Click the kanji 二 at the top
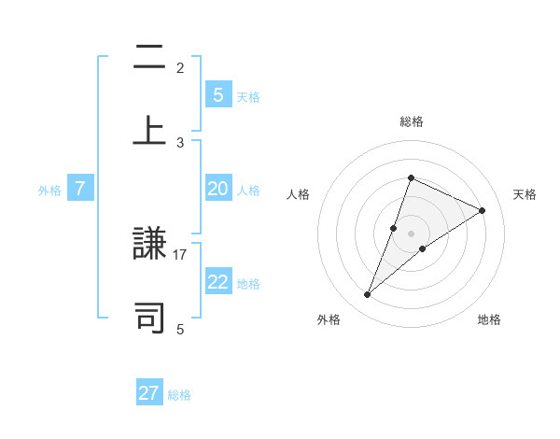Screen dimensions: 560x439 [x=149, y=58]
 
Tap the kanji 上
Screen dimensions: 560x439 [x=149, y=128]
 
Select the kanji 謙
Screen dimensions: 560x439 [x=149, y=246]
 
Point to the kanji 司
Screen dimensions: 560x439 [x=149, y=316]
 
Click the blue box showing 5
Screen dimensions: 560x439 [x=217, y=94]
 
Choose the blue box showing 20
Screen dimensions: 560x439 [x=217, y=189]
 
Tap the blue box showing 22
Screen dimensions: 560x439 [x=217, y=282]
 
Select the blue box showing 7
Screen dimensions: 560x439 [x=80, y=189]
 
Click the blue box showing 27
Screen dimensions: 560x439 [x=149, y=393]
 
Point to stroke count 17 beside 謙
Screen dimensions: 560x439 [x=180, y=254]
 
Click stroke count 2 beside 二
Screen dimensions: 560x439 [x=180, y=67]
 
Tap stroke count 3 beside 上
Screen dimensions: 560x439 [x=180, y=142]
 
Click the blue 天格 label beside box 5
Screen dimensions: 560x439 [x=248, y=97]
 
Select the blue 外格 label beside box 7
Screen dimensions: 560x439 [x=49, y=191]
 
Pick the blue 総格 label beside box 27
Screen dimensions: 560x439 [x=179, y=395]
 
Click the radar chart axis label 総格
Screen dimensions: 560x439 [x=411, y=121]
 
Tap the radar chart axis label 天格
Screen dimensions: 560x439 [x=525, y=194]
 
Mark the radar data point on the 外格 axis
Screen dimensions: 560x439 [x=367, y=295]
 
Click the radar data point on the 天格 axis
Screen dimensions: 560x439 [x=483, y=210]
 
